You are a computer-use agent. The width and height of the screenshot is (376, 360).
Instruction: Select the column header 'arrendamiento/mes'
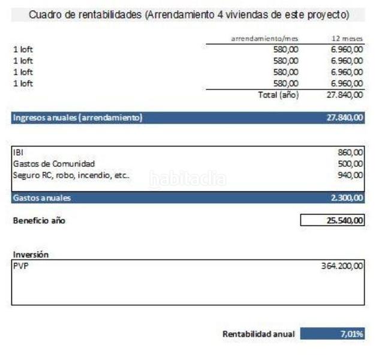(264, 38)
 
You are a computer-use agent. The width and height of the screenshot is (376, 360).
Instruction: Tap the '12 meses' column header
(348, 38)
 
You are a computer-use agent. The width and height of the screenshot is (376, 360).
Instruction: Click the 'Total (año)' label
(278, 95)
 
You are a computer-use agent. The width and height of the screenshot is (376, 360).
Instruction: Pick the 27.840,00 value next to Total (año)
(345, 95)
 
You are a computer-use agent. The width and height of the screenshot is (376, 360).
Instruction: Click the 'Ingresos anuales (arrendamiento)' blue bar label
(77, 118)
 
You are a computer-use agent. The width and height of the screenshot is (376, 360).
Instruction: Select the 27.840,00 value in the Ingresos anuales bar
(345, 118)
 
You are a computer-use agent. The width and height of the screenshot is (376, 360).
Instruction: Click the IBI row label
(18, 152)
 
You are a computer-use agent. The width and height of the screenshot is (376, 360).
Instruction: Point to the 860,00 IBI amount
(350, 152)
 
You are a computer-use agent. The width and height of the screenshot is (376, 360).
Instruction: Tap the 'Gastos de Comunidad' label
(54, 163)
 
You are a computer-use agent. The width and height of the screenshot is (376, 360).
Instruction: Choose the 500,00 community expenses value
(350, 163)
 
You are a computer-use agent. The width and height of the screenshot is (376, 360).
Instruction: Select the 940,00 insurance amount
(350, 175)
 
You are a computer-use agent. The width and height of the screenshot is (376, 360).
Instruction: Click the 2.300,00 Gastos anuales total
(347, 197)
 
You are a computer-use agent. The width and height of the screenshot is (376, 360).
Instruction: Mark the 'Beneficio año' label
(39, 220)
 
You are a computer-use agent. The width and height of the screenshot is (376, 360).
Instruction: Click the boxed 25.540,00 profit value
(345, 220)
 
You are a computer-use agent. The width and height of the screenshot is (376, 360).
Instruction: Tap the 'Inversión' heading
(31, 254)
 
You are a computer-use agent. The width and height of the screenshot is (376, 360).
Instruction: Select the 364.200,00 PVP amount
(342, 266)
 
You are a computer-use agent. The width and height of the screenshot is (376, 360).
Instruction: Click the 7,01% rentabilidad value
(351, 334)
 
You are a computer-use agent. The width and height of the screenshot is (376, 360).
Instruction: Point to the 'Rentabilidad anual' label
(258, 334)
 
